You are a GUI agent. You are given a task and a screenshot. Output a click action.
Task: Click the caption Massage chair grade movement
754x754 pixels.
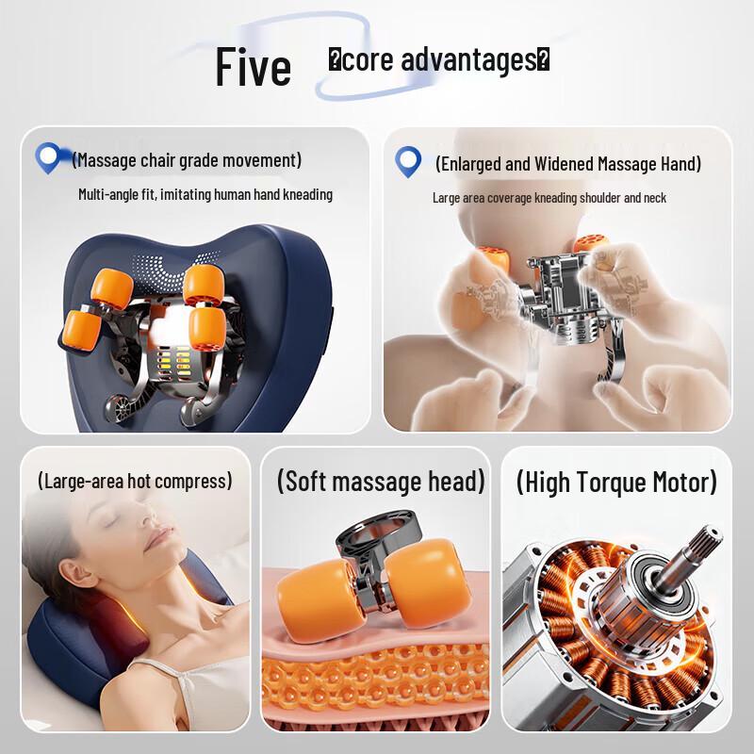coord(187,160)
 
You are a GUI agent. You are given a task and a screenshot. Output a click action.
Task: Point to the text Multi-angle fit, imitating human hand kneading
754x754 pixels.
coord(205,195)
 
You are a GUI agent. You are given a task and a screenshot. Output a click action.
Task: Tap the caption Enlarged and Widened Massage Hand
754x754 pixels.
coord(568,164)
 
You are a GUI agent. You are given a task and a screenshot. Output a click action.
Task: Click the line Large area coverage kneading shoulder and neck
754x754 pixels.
coord(549,198)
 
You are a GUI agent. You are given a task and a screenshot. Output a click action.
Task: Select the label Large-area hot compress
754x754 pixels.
coord(135,481)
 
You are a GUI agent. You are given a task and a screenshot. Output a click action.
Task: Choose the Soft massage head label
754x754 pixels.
coord(381,482)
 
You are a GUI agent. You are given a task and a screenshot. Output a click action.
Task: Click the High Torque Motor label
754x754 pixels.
coord(616,483)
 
